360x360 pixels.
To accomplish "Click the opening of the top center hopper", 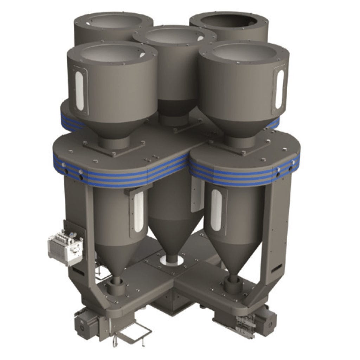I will (174, 36).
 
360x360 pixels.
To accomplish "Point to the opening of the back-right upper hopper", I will (229, 21).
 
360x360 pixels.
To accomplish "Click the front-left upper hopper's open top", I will (112, 53).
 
